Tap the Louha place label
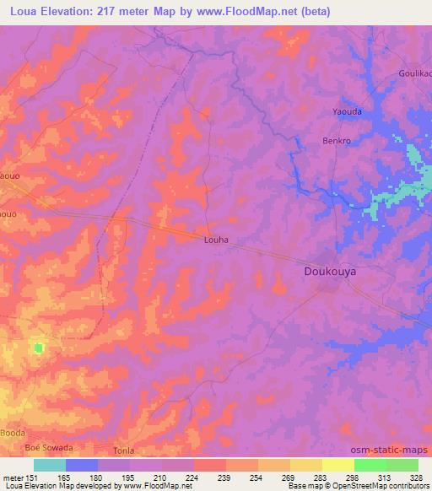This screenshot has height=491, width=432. [217, 240]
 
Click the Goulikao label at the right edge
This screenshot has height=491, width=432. [415, 73]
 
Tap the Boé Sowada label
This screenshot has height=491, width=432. [49, 447]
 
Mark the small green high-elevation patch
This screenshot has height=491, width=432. [38, 347]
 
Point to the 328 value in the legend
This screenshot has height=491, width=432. [418, 477]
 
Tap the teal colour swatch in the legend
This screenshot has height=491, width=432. [50, 465]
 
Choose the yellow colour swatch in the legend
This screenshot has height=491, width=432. [337, 465]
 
